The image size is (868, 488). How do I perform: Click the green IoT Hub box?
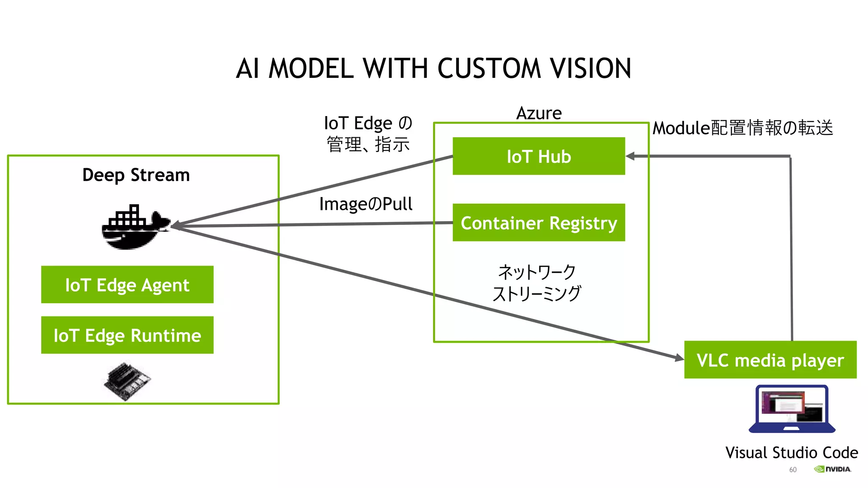538,156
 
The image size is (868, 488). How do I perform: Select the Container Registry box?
538,222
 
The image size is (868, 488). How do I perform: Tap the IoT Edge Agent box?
127,285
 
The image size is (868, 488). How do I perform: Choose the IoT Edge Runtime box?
127,335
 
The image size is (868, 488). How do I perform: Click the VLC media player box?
770,360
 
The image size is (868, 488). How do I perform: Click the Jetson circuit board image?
127,380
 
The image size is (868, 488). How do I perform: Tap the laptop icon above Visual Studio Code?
792,409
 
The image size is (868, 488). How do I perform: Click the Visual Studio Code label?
791,452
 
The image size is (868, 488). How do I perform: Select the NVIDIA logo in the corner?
832,469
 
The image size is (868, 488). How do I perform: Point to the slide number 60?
793,470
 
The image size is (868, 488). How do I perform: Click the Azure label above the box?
539,113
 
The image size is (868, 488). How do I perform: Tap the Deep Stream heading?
136,175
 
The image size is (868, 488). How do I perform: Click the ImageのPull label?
366,204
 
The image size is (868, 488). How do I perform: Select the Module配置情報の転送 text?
743,128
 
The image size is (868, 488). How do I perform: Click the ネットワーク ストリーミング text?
537,283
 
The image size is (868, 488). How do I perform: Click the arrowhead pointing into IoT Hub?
630,156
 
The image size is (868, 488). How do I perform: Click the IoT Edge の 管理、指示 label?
368,133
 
